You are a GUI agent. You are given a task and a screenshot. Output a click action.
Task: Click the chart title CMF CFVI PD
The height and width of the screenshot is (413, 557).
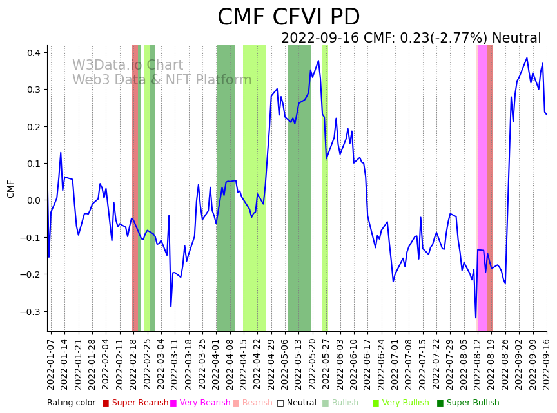(288, 17)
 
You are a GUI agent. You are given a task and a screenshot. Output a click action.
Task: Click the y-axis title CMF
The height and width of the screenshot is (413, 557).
(11, 189)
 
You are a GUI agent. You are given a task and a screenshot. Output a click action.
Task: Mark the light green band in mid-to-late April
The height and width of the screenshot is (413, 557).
(254, 187)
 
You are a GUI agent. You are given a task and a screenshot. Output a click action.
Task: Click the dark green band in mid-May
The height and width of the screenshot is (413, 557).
(300, 187)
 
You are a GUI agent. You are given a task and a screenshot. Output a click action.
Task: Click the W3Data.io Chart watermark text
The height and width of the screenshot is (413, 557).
(127, 66)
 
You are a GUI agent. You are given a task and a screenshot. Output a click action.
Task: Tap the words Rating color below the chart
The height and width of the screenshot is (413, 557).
(71, 403)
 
